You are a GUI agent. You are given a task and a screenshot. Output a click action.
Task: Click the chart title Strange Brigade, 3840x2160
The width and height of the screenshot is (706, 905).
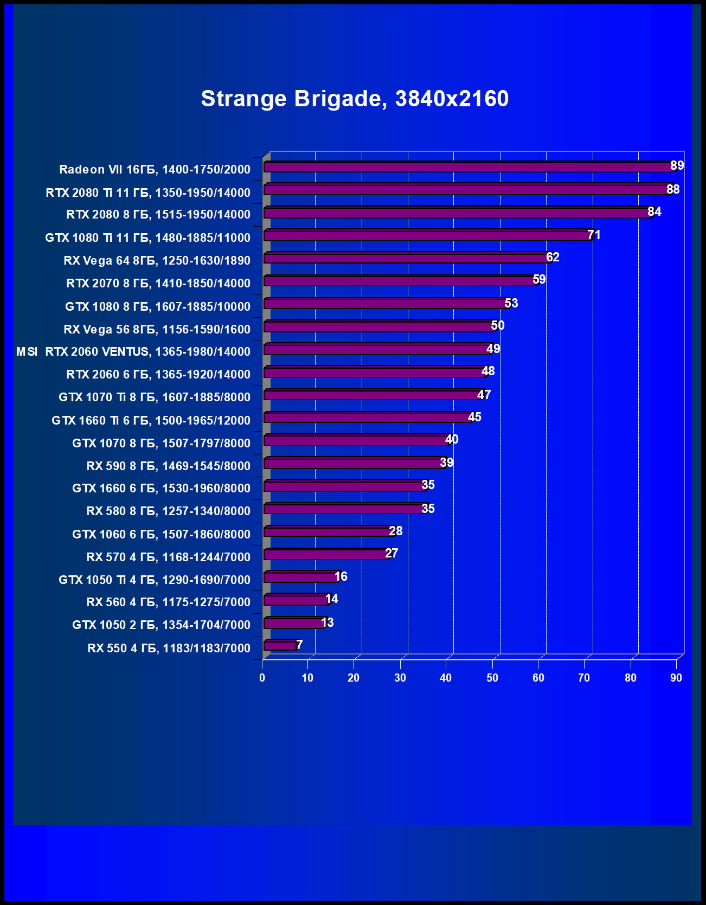355,99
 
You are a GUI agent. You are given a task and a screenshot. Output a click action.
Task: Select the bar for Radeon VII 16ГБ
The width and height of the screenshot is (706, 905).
469,167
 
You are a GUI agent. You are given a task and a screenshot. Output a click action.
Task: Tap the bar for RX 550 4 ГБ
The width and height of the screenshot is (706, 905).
280,645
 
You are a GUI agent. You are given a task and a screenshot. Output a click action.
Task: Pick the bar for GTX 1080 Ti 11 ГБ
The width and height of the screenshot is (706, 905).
427,236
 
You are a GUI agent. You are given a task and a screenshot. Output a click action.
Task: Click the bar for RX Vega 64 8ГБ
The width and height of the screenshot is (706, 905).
407,258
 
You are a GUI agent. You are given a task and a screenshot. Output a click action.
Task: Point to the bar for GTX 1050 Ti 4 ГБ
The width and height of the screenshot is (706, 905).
301,577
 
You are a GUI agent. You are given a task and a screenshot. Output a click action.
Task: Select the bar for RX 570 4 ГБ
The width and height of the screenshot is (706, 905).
326,554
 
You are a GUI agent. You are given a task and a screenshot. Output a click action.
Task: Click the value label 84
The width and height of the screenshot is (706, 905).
654,211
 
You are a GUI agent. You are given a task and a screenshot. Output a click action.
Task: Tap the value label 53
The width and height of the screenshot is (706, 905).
511,303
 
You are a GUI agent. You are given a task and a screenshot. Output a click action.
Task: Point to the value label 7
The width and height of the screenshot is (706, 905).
299,645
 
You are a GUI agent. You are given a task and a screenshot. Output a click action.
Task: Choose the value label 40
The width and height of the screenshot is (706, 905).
452,439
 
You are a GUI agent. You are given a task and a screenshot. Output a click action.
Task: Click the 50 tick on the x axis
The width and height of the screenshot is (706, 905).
492,678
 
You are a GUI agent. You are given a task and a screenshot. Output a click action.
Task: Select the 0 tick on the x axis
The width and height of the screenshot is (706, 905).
262,678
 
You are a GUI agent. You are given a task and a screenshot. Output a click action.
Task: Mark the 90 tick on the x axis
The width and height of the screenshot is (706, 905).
676,678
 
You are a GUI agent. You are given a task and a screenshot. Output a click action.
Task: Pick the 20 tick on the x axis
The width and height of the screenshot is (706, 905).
354,678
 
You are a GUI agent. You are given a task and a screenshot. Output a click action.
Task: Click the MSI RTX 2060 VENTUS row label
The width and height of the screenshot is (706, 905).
133,351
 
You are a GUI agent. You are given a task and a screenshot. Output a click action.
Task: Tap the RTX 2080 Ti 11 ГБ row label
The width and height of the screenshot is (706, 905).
148,192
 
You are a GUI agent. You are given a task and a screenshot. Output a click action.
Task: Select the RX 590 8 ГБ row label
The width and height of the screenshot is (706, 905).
168,466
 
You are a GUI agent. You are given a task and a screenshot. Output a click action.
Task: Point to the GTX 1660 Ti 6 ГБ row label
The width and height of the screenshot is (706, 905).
151,420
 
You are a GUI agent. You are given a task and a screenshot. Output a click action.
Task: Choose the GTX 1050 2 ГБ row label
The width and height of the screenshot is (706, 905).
161,625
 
